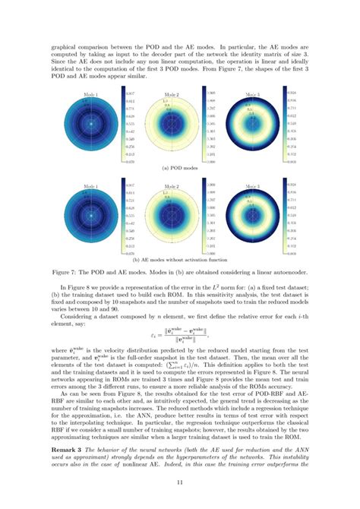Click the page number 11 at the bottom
[x=179, y=482]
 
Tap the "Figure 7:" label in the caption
[x=67, y=270]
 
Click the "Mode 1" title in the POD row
[x=90, y=93]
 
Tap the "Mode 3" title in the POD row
[x=254, y=93]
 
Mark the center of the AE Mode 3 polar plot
[x=254, y=218]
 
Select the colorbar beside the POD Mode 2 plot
[x=205, y=126]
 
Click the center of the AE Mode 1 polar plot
[x=90, y=218]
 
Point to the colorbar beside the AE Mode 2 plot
[x=205, y=218]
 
